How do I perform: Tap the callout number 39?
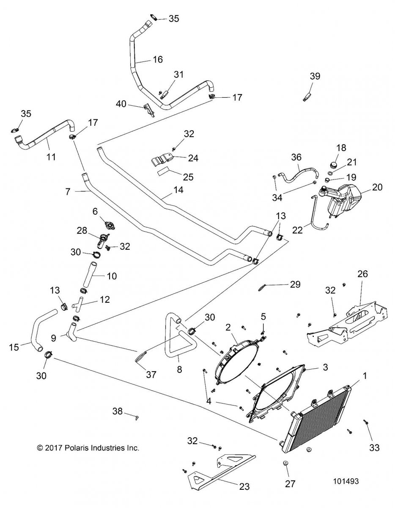(315, 77)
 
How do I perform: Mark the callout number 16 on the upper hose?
(157, 60)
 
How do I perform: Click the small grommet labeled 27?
(285, 463)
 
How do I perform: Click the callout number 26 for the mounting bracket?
(362, 274)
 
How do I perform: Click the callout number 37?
(151, 375)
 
